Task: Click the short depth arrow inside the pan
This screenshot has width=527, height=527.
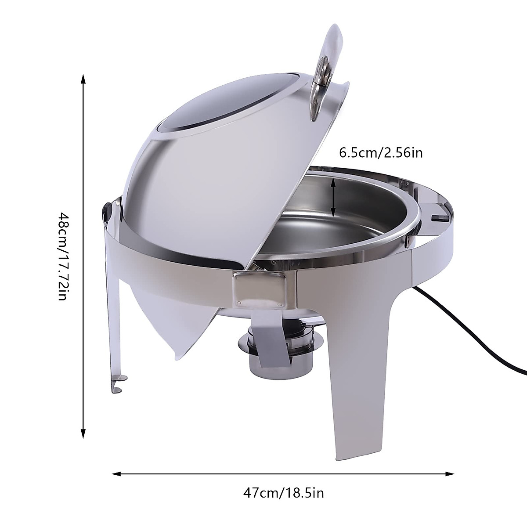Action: pyautogui.click(x=334, y=200)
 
